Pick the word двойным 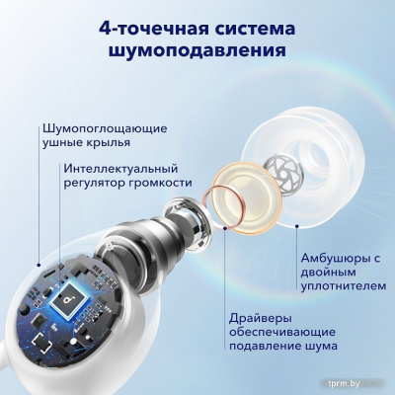coord(327,276)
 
